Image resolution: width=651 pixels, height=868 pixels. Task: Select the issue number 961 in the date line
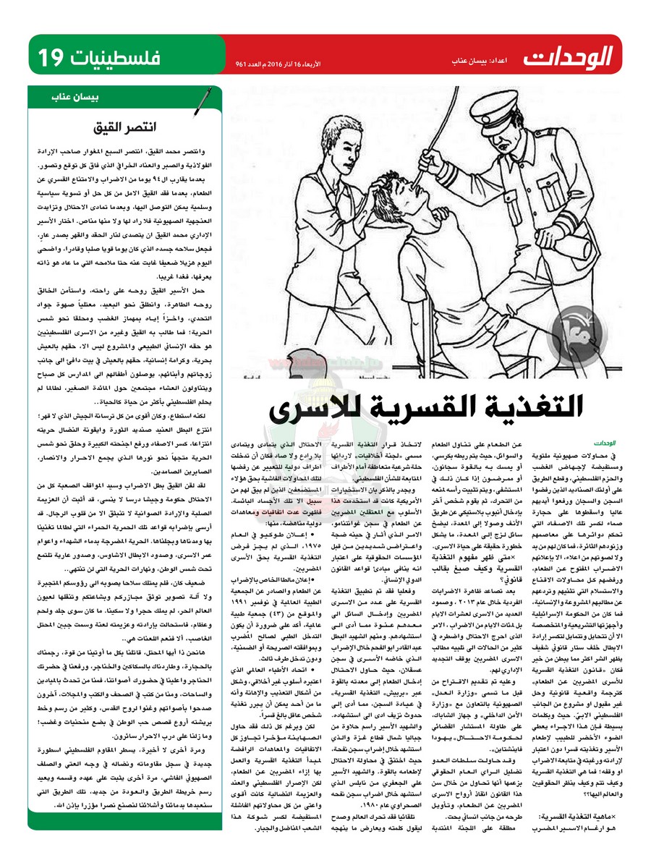pyautogui.click(x=244, y=64)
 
